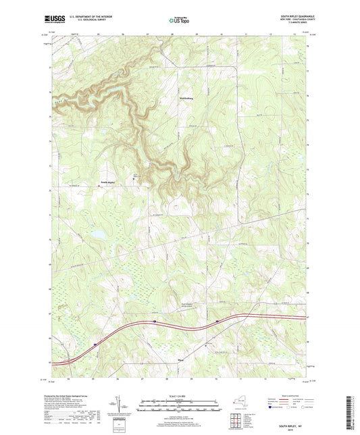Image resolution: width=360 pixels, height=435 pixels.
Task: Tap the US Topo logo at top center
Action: click(x=179, y=20)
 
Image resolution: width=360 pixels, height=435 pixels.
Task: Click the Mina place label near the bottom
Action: click(x=179, y=361)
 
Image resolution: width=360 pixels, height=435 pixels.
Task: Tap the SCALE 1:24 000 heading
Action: click(x=180, y=396)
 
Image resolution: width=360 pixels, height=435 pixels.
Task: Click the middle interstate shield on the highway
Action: click(x=154, y=322)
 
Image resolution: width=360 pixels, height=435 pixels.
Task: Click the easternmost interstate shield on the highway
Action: click(x=216, y=321)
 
